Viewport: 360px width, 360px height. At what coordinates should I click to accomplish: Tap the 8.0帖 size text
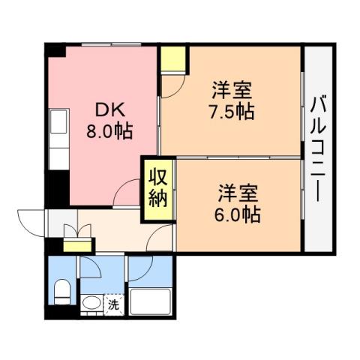pyautogui.click(x=112, y=131)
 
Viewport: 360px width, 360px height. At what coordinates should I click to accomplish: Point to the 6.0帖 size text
pyautogui.click(x=239, y=214)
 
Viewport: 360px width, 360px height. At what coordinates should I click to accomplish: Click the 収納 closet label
pyautogui.click(x=157, y=188)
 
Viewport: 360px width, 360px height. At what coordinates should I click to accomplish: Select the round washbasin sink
pyautogui.click(x=91, y=304)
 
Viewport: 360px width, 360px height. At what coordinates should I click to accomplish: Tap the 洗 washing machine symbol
pyautogui.click(x=112, y=304)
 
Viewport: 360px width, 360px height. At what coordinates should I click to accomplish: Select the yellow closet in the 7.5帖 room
pyautogui.click(x=173, y=59)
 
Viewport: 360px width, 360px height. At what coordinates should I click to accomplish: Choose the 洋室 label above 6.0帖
pyautogui.click(x=239, y=192)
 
